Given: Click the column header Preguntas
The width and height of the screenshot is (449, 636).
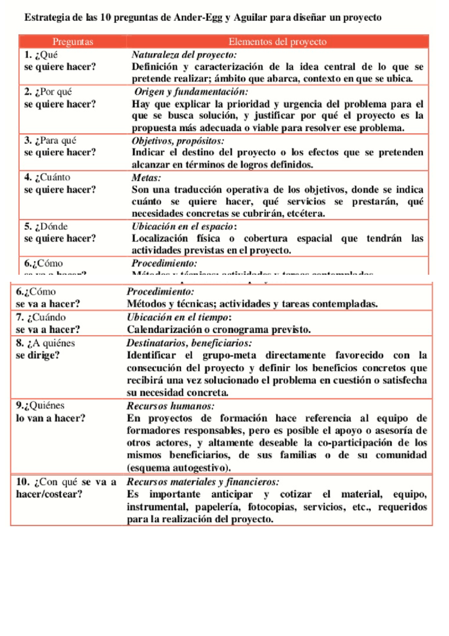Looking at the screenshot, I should (73, 42).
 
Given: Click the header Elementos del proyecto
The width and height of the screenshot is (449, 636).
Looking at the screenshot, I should (277, 42).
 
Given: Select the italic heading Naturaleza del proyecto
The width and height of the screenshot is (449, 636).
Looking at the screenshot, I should (184, 55).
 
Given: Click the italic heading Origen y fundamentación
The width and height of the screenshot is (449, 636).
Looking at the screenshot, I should (191, 92).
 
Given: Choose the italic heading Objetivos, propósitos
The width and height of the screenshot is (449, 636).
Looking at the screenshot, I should (178, 141).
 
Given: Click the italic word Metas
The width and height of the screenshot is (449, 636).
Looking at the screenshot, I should (146, 178).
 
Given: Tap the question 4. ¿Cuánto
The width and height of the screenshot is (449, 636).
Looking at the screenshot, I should (48, 177).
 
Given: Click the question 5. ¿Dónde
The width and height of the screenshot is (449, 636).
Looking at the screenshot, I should (46, 226).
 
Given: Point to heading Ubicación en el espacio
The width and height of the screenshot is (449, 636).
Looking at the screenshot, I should (183, 226).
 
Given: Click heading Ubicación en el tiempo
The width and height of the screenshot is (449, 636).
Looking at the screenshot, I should (178, 317).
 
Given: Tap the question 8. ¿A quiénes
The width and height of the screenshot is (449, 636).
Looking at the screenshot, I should (46, 343).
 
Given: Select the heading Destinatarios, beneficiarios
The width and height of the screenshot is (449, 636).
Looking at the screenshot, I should (189, 343).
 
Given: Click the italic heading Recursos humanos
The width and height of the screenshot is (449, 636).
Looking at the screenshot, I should (170, 406).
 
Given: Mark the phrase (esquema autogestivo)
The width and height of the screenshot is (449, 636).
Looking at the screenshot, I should (178, 468).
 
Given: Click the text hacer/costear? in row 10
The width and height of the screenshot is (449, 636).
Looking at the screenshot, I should (49, 494).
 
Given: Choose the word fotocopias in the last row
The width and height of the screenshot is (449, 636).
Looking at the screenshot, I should (272, 507).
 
